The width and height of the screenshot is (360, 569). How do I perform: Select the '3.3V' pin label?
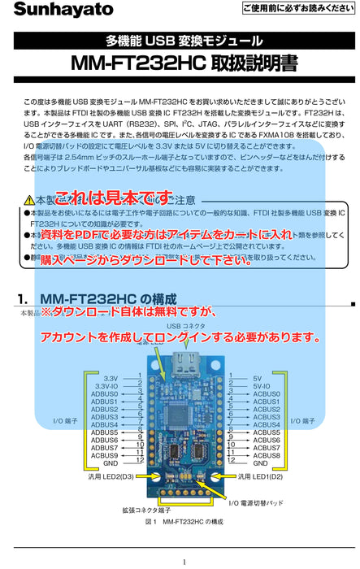[111, 378]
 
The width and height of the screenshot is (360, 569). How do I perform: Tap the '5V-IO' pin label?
[262, 386]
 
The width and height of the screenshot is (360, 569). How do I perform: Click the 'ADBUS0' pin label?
[104, 393]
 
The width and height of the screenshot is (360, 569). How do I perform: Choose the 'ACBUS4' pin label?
[267, 424]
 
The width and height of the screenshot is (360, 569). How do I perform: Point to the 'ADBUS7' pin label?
[104, 448]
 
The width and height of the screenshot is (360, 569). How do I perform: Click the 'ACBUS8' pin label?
[267, 455]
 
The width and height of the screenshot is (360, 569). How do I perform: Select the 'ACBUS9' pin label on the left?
[104, 455]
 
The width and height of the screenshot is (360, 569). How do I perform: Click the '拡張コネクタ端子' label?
[146, 510]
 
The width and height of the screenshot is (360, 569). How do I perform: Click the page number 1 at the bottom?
[184, 562]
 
